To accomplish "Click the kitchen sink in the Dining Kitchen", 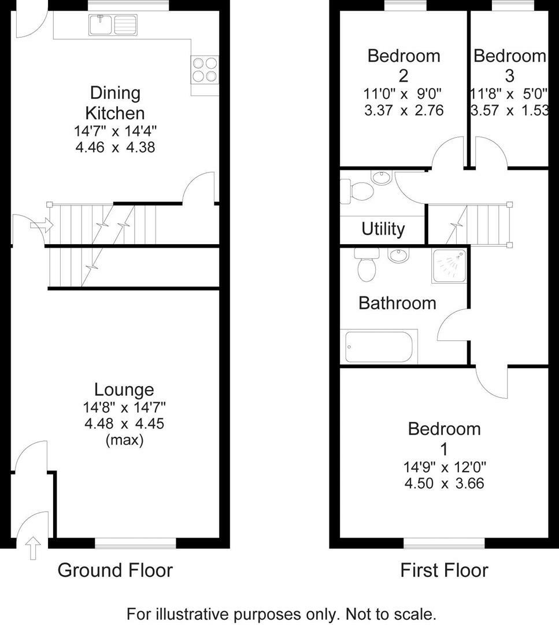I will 113,24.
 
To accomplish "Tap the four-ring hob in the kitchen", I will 205,69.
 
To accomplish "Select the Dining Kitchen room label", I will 115,102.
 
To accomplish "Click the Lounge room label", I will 124,390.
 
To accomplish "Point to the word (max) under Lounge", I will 124,440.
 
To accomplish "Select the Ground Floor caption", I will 115,571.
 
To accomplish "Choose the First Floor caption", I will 444,571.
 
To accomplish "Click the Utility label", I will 383,229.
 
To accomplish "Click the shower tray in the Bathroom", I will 449,266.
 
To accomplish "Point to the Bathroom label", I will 397,303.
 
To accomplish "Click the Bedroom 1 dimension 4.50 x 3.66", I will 444,483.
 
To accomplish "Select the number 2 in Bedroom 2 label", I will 403,76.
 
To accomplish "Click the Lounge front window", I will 135,543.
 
